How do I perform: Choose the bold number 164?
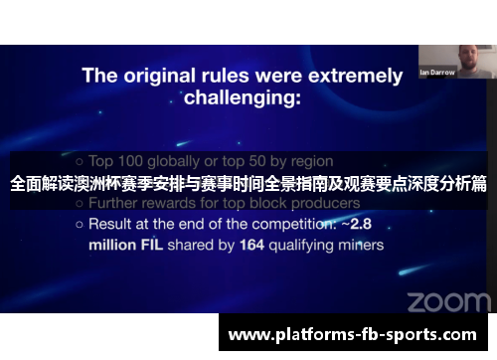tap(253, 243)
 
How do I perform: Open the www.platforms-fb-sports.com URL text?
tap(353, 335)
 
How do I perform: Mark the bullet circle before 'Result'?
tap(79, 225)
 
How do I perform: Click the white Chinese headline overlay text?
tap(248, 183)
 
